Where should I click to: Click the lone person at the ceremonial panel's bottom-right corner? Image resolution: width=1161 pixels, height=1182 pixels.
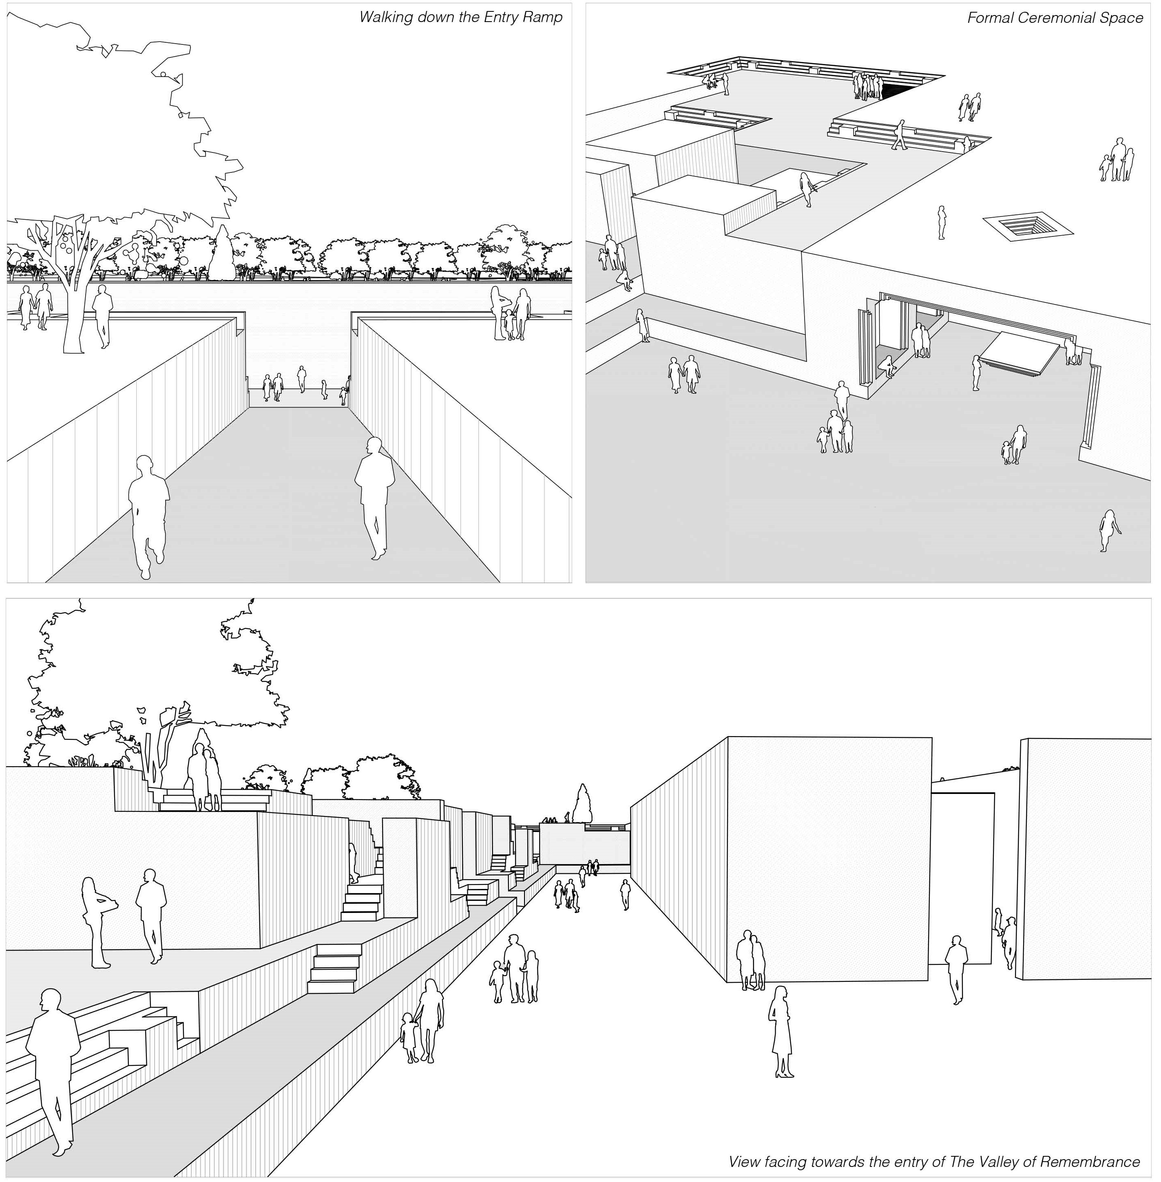(x=1108, y=530)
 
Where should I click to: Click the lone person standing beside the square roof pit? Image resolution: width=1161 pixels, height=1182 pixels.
(x=942, y=223)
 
